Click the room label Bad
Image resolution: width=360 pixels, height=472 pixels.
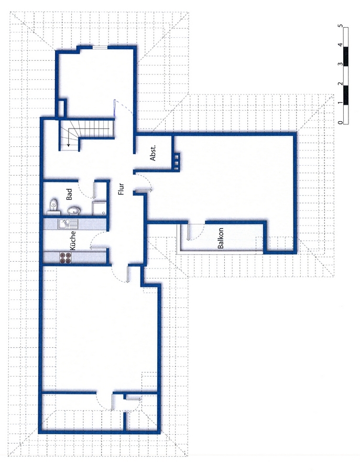click(70, 194)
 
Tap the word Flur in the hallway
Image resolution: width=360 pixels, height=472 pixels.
click(121, 189)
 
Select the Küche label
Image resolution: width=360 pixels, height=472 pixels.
click(73, 241)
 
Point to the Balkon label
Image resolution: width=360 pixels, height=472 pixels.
click(221, 238)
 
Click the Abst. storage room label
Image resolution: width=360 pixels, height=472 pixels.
click(153, 154)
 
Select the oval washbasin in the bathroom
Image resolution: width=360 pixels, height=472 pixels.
click(74, 211)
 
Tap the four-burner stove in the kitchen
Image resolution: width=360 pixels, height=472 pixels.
click(66, 258)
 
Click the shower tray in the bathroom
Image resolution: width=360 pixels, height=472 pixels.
click(99, 208)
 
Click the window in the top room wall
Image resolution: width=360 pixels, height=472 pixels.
click(100, 47)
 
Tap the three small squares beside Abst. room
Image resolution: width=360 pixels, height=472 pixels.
click(177, 160)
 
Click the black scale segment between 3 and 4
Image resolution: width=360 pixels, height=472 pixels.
click(346, 56)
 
